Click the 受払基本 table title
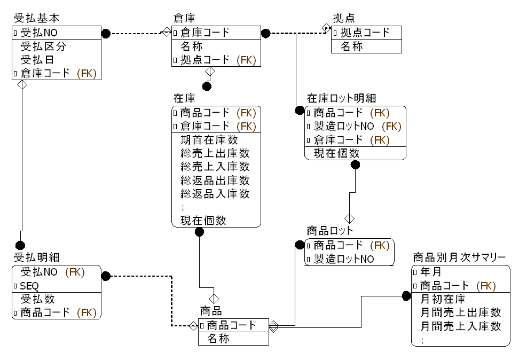tap(36, 19)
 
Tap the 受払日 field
tap(37, 60)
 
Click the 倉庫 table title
tap(184, 19)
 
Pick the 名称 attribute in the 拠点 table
tap(352, 46)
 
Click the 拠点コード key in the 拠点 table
tap(365, 33)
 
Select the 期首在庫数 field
tap(209, 140)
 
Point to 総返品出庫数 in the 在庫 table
tap(215, 181)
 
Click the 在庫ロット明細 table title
tap(341, 98)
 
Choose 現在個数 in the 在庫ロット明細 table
tap(336, 153)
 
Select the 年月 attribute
tap(430, 272)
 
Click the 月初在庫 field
tap(443, 299)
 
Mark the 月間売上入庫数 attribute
tap(461, 326)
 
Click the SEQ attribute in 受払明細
tap(29, 286)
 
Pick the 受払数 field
tap(37, 299)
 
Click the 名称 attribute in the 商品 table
tap(218, 338)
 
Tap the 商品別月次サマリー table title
tap(459, 258)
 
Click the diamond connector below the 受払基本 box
tap(21, 85)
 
